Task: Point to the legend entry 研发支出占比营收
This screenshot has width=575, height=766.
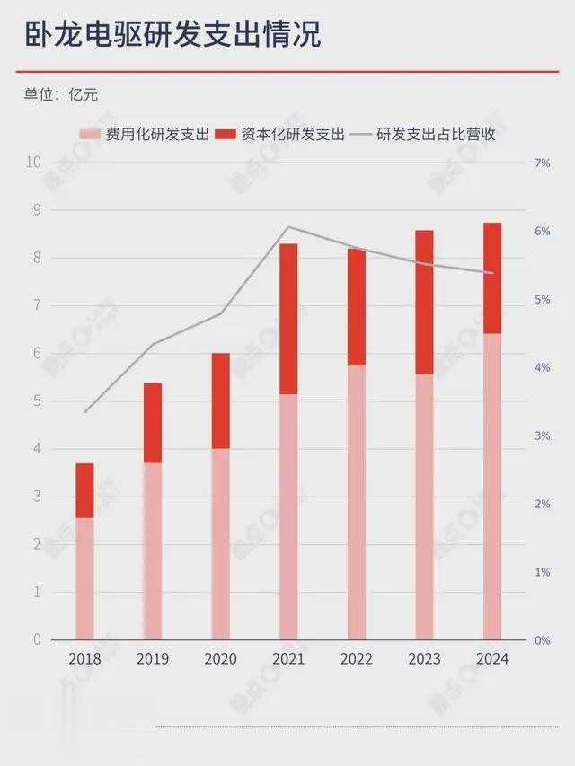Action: [x=436, y=135]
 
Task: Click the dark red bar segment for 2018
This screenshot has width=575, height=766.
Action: [x=84, y=490]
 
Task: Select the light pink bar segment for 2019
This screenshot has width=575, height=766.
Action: [x=153, y=550]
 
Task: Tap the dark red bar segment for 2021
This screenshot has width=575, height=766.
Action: [x=288, y=319]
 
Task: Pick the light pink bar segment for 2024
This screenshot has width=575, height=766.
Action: [x=492, y=486]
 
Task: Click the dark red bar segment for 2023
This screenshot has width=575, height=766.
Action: [x=424, y=302]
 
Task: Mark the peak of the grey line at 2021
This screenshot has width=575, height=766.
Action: [x=288, y=226]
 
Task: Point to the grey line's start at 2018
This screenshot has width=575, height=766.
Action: [x=84, y=412]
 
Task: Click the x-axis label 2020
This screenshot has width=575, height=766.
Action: [x=220, y=659]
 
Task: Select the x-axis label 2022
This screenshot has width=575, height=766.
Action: [x=357, y=659]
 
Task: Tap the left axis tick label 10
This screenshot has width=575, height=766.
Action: [x=33, y=163]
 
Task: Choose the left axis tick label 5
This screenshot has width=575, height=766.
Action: [x=36, y=401]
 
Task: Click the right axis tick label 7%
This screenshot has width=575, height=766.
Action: [x=542, y=163]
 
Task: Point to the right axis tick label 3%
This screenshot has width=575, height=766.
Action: [x=542, y=436]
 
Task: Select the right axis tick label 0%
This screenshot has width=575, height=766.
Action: [x=542, y=640]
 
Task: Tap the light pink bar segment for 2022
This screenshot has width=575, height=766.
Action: [x=357, y=502]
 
